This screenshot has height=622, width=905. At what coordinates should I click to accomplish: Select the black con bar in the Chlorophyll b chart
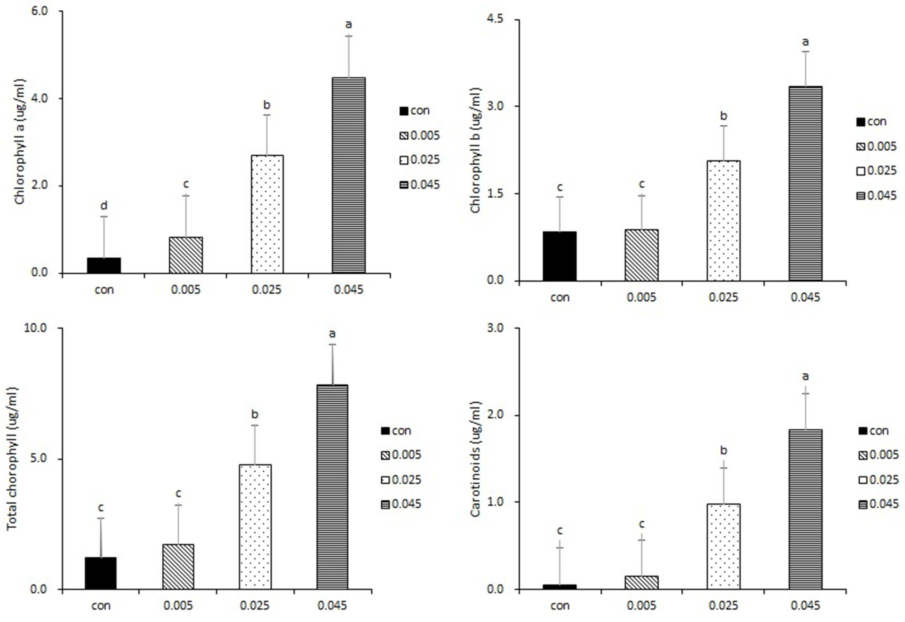coord(559,256)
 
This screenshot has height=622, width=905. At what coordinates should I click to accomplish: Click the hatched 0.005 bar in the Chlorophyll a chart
coord(186,255)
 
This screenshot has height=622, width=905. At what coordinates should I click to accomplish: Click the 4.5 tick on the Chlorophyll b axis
coord(494,19)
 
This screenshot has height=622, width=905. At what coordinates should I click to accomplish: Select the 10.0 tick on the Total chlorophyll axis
coord(36,328)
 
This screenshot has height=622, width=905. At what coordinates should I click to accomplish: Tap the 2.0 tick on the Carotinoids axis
coord(494,415)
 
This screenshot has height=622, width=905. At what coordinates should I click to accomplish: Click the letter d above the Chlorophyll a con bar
coord(104,205)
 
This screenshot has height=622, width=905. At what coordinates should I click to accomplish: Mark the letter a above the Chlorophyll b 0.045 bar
coord(805,42)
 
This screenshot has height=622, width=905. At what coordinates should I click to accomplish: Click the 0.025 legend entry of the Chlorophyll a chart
coord(420,160)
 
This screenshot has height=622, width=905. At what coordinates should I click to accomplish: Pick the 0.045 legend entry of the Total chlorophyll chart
coord(401,504)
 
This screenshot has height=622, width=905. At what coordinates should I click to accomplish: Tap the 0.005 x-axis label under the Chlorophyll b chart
coord(641,297)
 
